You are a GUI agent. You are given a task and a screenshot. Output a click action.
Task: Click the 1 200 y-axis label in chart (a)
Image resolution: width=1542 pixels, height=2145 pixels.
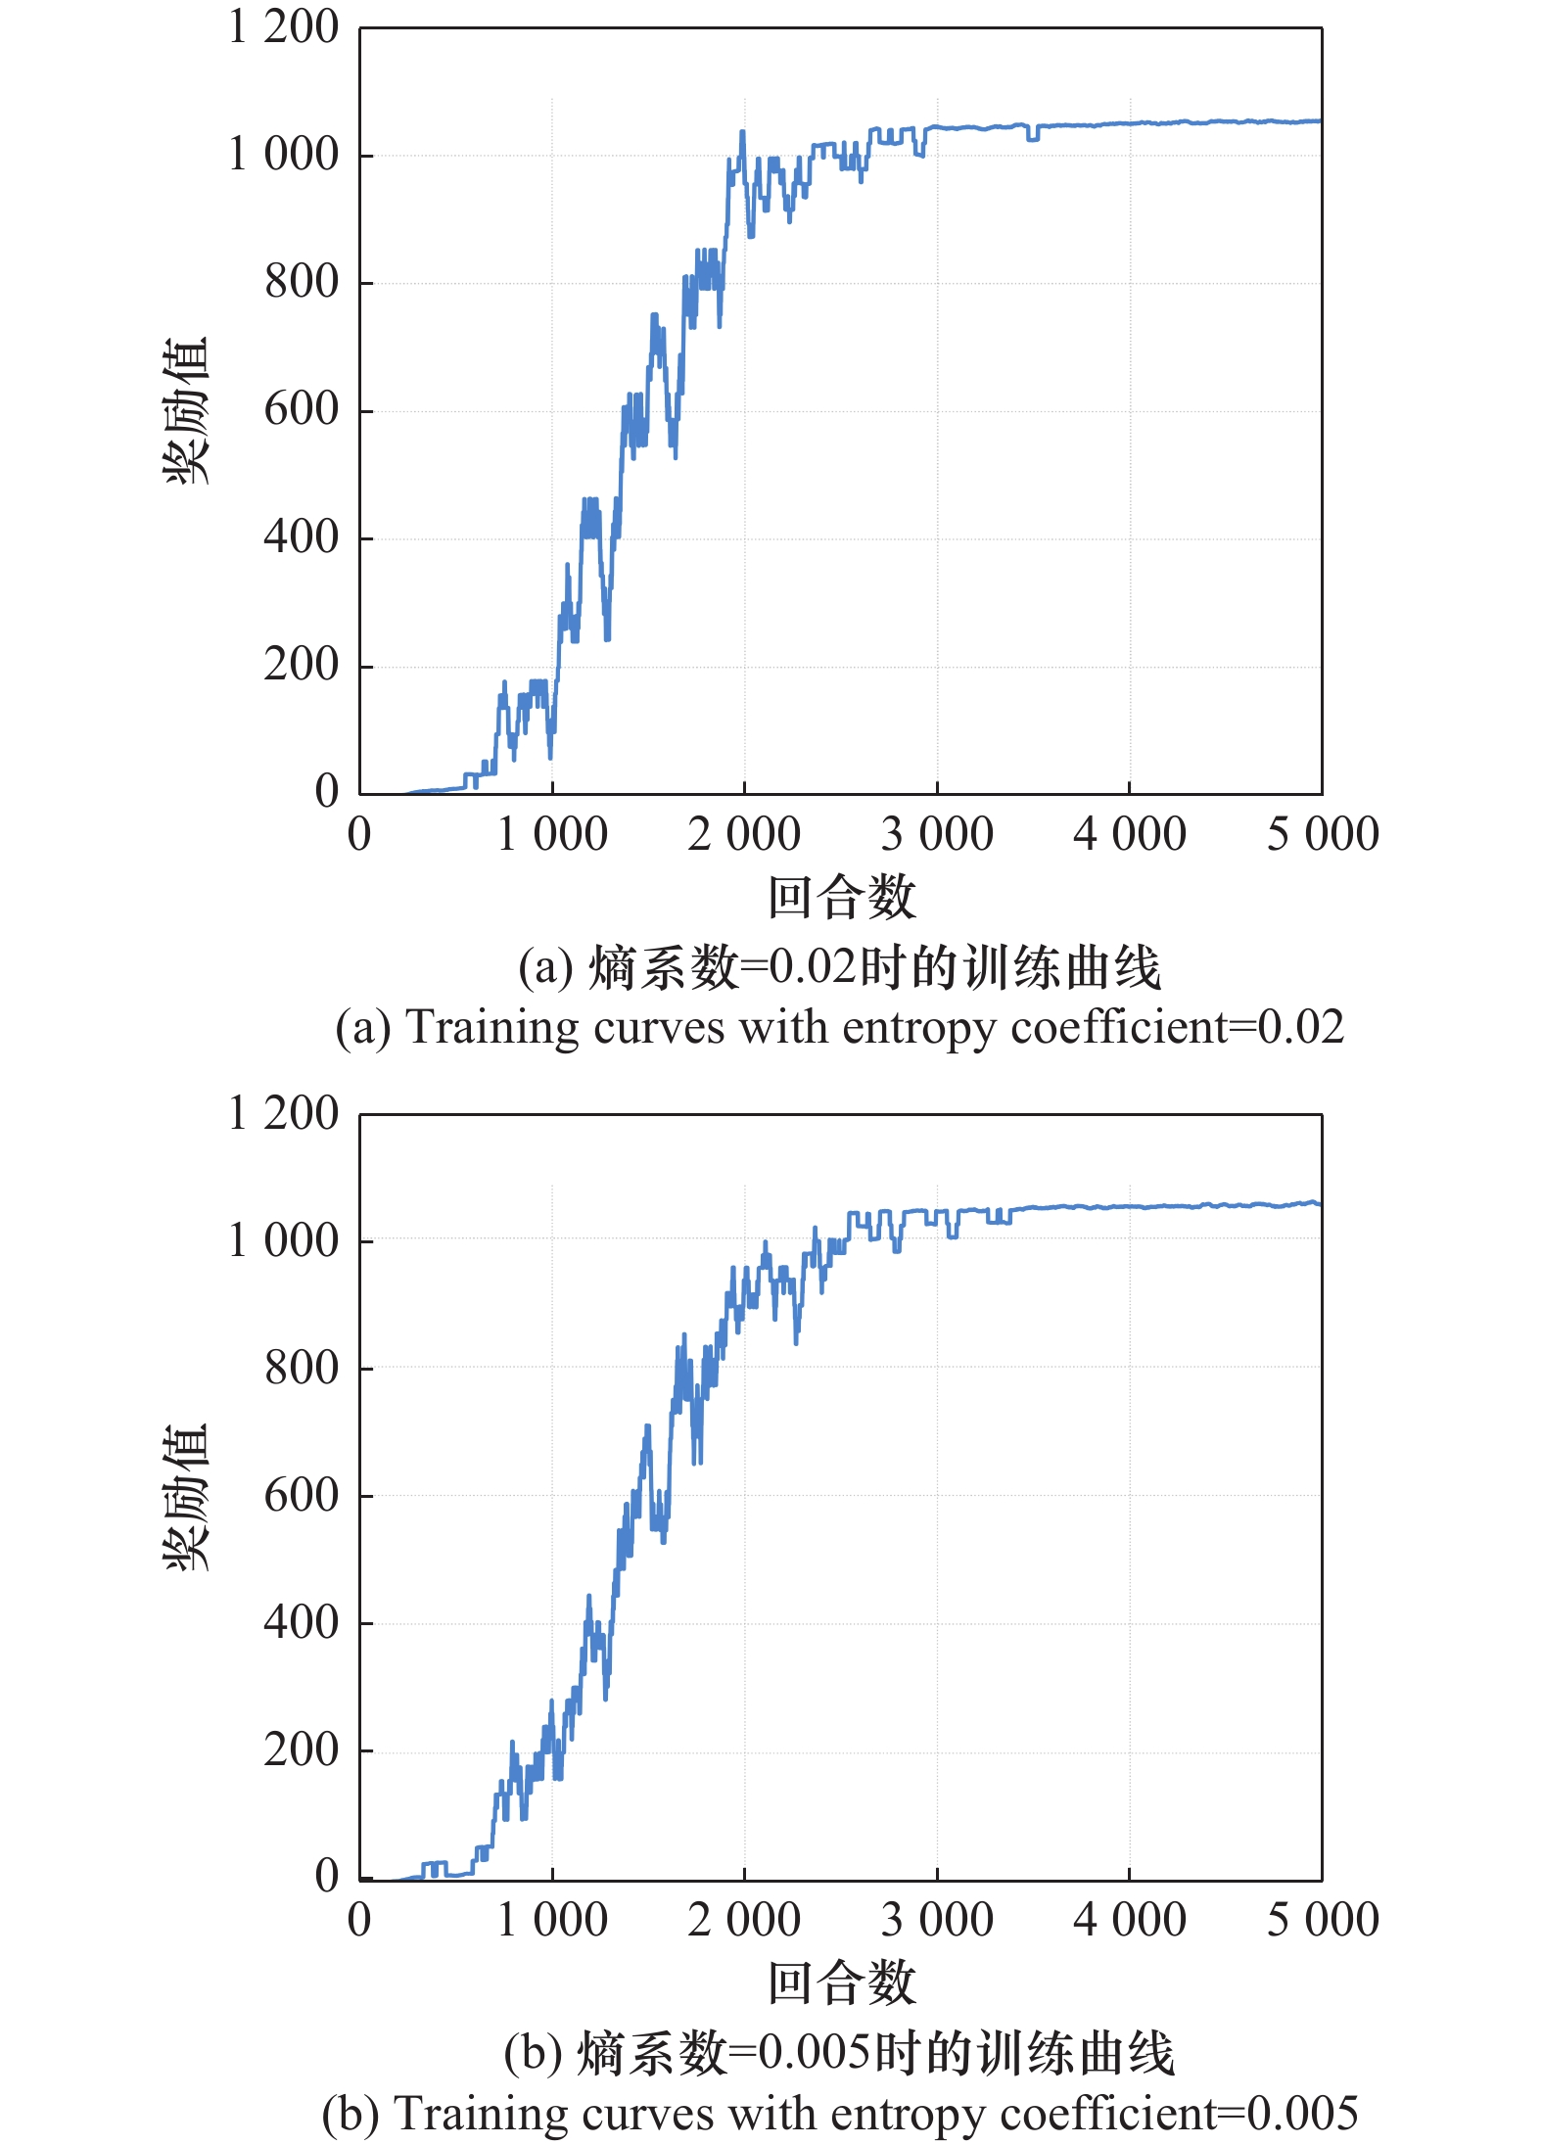[283, 27]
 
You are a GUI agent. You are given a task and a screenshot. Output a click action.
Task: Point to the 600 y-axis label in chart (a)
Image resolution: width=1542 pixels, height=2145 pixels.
[301, 409]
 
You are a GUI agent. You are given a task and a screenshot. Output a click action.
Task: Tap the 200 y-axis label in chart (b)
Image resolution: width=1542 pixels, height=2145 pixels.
[301, 1749]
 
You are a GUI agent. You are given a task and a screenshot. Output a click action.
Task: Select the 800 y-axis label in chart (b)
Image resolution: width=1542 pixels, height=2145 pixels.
[301, 1368]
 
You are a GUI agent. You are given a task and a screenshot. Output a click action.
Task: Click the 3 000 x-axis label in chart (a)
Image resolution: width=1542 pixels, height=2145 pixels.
[936, 835]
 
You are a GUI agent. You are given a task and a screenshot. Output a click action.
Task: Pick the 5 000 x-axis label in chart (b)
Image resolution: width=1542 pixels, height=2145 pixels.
[1322, 1920]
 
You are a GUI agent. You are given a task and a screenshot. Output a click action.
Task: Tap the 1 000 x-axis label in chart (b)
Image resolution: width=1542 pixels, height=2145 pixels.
[551, 1920]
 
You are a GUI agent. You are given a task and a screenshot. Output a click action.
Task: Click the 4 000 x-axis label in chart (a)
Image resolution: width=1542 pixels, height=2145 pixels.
[1129, 835]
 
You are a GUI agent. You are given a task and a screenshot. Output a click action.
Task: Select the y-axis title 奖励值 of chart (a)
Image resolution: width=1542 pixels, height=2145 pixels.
[186, 410]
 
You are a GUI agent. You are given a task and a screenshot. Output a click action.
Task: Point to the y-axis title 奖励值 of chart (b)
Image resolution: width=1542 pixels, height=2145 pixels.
[186, 1497]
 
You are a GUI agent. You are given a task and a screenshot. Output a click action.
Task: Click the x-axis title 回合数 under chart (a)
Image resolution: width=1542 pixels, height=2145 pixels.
[841, 898]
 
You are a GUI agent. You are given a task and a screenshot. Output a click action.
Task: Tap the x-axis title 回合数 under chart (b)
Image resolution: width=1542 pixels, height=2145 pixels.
[841, 1983]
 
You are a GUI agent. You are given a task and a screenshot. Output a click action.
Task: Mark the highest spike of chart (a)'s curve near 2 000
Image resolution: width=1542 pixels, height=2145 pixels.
[742, 131]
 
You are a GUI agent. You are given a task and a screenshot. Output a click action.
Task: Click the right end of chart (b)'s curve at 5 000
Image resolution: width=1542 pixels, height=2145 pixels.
[1320, 1203]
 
